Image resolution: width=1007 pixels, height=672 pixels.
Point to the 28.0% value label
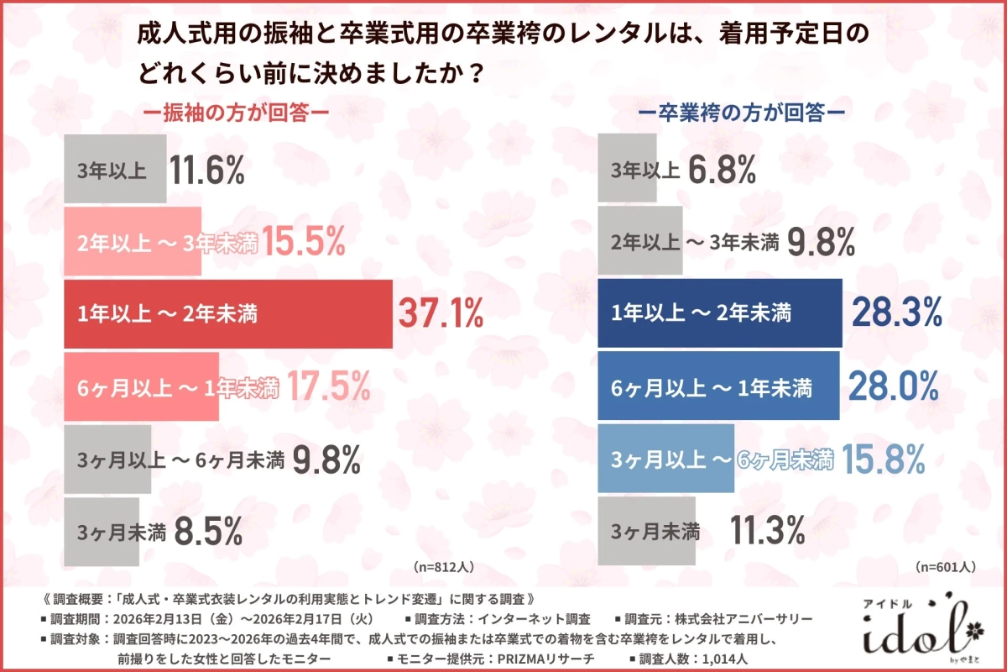(x=892, y=386)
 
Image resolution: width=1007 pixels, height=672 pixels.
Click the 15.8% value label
(x=884, y=459)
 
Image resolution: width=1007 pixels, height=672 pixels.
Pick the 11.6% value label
(x=206, y=171)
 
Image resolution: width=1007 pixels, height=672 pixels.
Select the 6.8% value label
(x=723, y=171)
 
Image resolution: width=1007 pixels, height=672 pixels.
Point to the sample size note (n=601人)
(x=945, y=566)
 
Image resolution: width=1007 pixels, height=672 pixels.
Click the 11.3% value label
(x=767, y=531)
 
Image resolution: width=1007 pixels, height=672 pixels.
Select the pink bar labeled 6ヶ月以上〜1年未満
(x=141, y=386)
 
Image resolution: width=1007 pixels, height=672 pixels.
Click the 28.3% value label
(x=896, y=314)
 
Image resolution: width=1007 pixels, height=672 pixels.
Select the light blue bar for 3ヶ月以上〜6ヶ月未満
(x=665, y=459)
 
